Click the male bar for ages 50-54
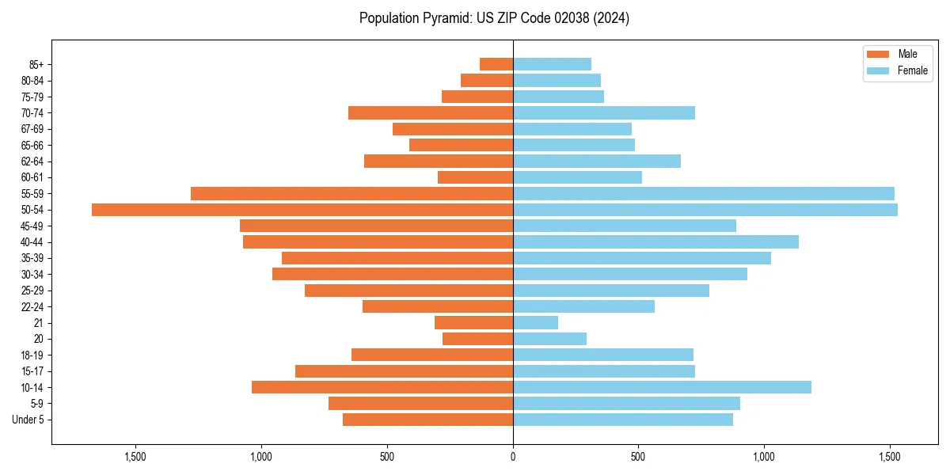coord(302,210)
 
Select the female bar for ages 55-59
coord(704,194)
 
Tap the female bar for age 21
coord(535,323)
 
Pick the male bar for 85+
coord(496,65)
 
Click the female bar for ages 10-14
coord(662,387)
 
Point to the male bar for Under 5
coord(427,420)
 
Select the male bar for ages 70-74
coord(431,113)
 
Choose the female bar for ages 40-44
coord(655,242)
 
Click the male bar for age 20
coord(477,339)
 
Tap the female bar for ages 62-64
coord(597,161)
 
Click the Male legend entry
coord(907,54)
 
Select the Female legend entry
coord(912,70)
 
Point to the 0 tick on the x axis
coord(513,457)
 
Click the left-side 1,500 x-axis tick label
coord(135,457)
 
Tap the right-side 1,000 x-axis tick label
coord(764,457)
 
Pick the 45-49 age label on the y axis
coord(32,226)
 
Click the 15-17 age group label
coord(32,371)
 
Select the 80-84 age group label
coord(32,81)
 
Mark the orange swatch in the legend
coord(878,54)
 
